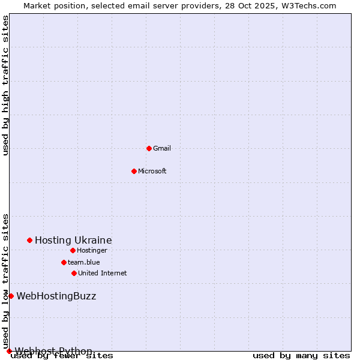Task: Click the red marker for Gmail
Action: (149, 148)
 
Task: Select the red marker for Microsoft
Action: (134, 171)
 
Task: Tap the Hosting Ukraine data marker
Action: (29, 240)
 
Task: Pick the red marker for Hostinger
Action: (73, 250)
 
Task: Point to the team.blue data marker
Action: (64, 262)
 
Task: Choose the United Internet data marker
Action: (74, 273)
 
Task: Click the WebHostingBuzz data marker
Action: (11, 296)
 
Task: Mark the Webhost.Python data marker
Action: (9, 351)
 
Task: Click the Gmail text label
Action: (162, 148)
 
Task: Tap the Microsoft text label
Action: (152, 171)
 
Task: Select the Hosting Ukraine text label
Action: (73, 240)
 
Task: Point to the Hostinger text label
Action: (92, 250)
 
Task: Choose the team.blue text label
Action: (84, 262)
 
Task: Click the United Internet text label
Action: (102, 273)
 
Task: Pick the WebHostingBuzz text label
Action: (56, 296)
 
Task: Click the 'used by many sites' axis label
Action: (301, 356)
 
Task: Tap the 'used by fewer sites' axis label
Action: (62, 356)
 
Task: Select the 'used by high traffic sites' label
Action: (6, 85)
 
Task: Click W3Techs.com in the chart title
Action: (308, 5)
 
